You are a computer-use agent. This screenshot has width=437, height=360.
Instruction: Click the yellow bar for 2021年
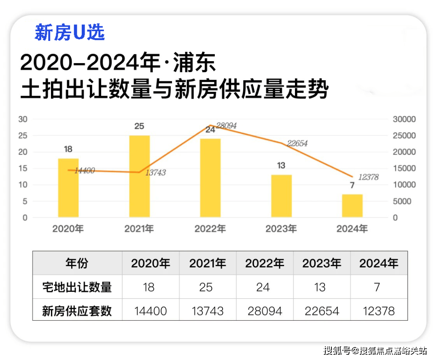point(139,176)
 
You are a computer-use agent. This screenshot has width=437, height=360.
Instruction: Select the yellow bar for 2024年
point(352,206)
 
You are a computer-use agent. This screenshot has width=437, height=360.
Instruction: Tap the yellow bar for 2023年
point(281,196)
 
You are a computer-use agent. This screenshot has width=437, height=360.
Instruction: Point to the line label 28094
point(226,126)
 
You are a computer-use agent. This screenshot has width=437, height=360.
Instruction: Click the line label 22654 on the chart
point(297,143)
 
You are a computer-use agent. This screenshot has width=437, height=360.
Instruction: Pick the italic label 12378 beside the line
point(368,177)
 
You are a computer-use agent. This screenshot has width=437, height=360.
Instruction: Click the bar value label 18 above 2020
point(68,149)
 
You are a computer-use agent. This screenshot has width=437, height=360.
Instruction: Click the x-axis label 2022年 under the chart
point(210,229)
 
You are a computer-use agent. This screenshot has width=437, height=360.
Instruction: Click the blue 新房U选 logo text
point(70,32)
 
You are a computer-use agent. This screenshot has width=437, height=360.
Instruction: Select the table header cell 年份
point(77,263)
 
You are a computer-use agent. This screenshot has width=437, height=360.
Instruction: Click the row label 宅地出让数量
point(77,287)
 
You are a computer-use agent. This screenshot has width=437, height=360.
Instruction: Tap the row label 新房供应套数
point(77,311)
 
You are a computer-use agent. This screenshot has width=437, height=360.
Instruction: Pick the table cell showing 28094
point(264,311)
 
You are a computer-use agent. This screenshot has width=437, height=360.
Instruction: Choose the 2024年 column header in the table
point(379,263)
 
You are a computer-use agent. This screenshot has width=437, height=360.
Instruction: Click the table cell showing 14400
point(150,311)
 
